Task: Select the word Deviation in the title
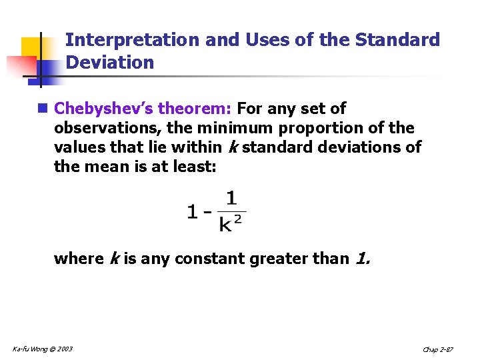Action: pos(110,63)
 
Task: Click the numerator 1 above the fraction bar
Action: pos(231,198)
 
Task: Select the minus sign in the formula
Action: pos(207,213)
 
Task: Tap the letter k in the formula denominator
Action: pos(225,225)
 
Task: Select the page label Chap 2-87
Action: pos(439,349)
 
